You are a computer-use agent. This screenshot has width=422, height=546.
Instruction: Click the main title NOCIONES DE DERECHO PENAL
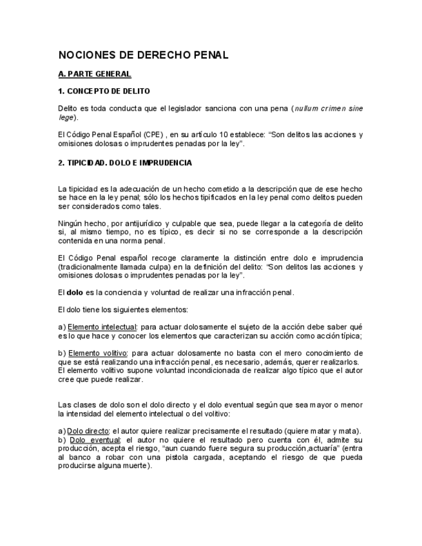(x=143, y=55)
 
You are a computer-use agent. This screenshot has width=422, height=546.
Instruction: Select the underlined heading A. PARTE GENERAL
(x=94, y=74)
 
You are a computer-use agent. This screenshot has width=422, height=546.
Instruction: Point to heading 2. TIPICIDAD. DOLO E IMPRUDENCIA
(x=124, y=163)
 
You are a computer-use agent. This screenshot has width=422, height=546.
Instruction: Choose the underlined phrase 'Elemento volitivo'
(x=97, y=353)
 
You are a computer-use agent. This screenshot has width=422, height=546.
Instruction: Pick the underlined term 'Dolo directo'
(x=89, y=431)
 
